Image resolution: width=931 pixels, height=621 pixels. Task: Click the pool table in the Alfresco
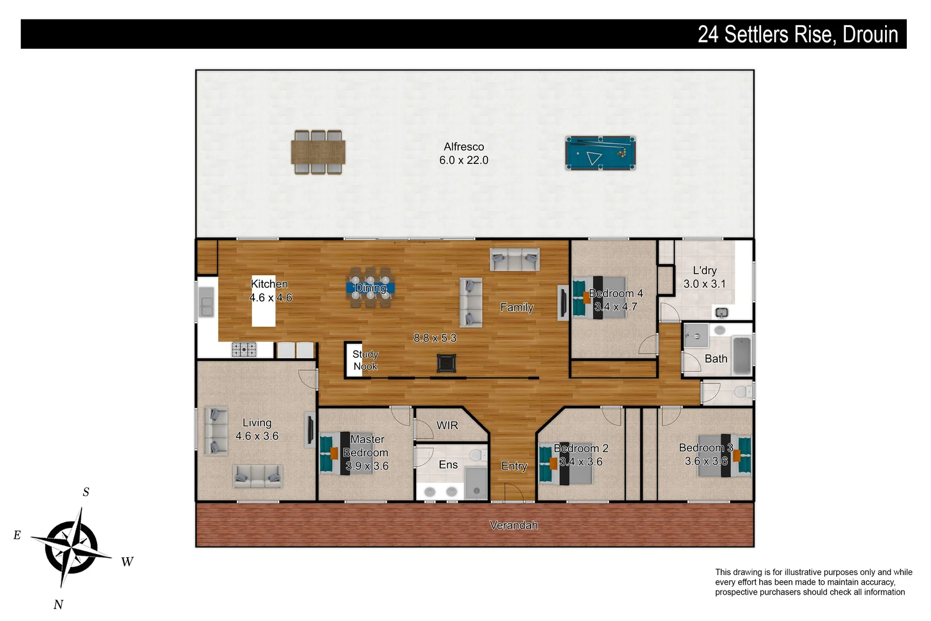point(600,153)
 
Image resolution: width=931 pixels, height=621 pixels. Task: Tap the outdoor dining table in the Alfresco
point(318,152)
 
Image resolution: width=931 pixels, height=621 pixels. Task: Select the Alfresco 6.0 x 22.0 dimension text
point(463,160)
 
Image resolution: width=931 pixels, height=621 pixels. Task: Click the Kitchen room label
point(269,284)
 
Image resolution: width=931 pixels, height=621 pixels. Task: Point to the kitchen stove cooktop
point(244,349)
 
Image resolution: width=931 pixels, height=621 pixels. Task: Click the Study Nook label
point(365,361)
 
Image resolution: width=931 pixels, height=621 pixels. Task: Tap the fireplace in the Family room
point(447,363)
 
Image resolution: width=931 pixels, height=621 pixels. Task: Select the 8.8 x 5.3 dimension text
point(435,338)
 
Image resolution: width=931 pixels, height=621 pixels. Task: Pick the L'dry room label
point(705,271)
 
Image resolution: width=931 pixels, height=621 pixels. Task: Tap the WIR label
point(447,425)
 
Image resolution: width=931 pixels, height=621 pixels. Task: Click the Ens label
point(448,465)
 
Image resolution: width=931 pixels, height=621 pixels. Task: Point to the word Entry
point(514,466)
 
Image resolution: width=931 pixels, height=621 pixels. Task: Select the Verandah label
point(513,525)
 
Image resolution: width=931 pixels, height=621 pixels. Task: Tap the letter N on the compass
point(58,604)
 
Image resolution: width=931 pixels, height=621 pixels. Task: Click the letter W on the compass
point(127,562)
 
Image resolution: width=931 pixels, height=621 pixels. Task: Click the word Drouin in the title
point(870,34)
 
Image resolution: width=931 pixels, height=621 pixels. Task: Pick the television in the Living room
point(310,428)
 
